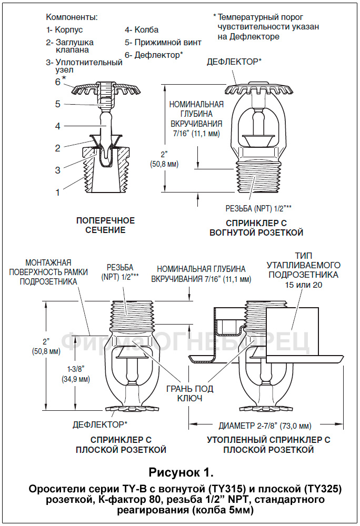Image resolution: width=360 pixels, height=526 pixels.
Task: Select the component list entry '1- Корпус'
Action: coord(64,30)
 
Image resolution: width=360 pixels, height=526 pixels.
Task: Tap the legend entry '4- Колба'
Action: coord(141,30)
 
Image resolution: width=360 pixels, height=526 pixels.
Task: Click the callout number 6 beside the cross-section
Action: coord(58,82)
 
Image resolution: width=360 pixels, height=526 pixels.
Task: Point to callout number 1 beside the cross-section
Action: coord(58,193)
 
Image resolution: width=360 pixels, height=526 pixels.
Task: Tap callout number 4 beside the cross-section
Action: coord(58,126)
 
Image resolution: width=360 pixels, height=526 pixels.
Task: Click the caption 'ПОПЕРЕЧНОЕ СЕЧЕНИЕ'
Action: coord(106,225)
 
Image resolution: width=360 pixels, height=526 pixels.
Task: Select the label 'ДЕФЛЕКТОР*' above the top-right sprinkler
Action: coord(234,62)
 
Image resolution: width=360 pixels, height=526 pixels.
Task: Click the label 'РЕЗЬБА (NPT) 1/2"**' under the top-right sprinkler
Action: coord(258,207)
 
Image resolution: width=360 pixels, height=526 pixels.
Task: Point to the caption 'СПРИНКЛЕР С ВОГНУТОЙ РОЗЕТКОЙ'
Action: coord(256,227)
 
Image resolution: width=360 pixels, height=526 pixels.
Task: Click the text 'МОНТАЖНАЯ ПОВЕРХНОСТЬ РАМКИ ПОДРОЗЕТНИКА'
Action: coord(48,271)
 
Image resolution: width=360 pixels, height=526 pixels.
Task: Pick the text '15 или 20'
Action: coord(303,285)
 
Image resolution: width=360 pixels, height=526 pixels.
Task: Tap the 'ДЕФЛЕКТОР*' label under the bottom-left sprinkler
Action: coord(100,424)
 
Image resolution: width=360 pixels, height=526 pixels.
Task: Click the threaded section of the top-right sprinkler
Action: coord(255,179)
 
